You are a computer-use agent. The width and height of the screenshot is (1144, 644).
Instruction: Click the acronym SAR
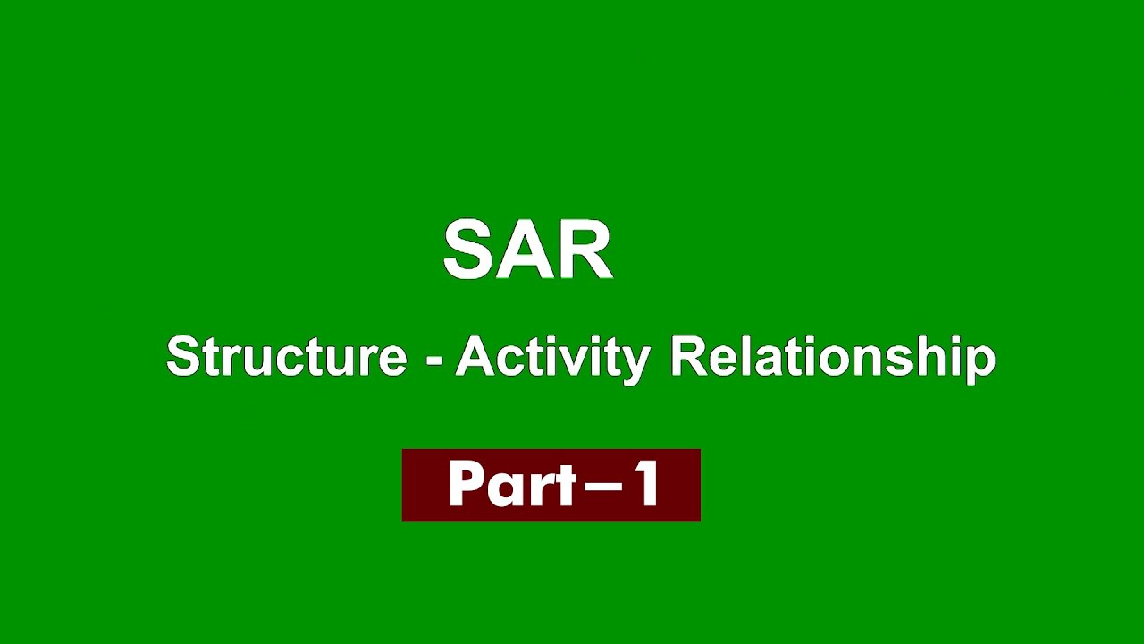click(x=527, y=250)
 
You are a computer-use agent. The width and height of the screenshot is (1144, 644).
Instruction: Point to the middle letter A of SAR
click(x=527, y=250)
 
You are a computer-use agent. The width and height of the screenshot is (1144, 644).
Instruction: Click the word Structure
click(x=286, y=356)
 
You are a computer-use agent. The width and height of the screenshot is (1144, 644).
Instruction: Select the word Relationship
click(x=832, y=356)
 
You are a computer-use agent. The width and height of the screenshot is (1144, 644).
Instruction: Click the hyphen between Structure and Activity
click(x=434, y=360)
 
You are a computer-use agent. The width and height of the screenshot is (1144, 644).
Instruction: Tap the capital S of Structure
click(x=181, y=356)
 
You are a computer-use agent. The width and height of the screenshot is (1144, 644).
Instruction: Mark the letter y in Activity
click(x=635, y=362)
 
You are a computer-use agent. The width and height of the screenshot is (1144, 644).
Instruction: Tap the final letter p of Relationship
click(x=981, y=362)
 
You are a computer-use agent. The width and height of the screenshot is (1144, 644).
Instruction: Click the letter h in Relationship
click(x=938, y=356)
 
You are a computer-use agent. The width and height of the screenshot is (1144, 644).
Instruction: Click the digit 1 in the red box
click(x=645, y=485)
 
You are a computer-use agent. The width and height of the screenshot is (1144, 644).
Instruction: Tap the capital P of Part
click(x=465, y=485)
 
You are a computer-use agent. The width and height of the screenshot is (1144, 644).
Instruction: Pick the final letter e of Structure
click(x=392, y=360)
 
